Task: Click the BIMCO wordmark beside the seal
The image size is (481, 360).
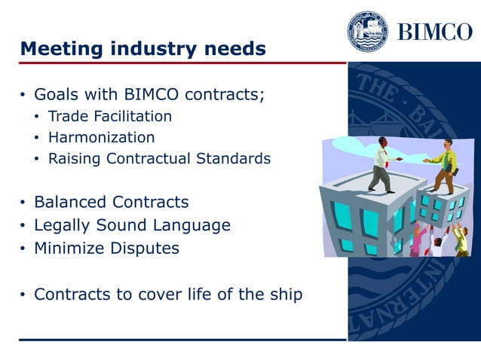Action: pos(434,33)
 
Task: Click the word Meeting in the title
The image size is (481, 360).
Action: pos(57,50)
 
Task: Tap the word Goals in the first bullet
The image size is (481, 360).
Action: pos(55,96)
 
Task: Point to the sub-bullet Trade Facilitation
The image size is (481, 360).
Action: pos(110,117)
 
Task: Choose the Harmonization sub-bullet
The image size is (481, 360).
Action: pos(102,138)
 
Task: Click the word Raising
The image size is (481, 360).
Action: pos(73,159)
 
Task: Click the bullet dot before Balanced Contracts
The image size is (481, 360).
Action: pos(23,203)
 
